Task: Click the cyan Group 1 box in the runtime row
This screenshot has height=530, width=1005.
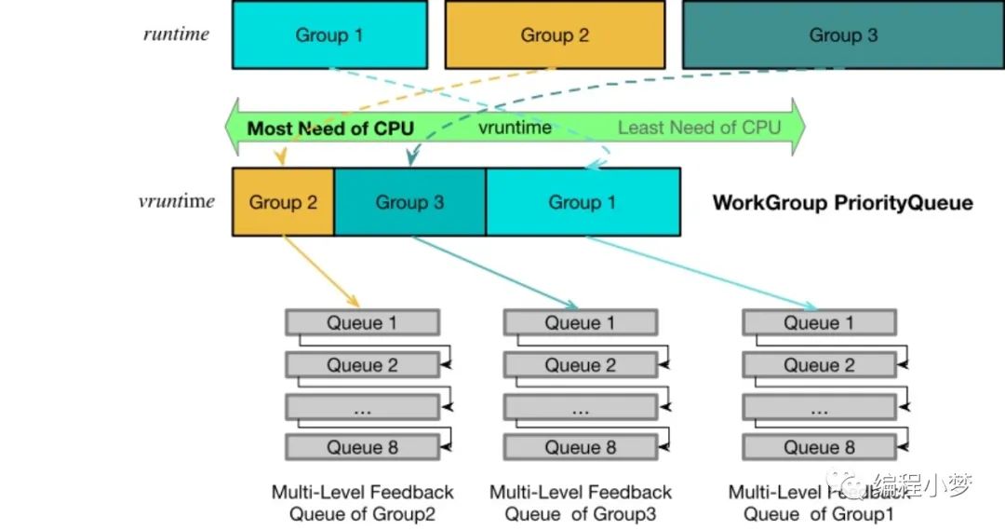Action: (x=329, y=34)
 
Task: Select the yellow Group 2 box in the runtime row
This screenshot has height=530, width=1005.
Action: (x=555, y=34)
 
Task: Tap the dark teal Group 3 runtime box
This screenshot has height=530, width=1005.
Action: (x=843, y=34)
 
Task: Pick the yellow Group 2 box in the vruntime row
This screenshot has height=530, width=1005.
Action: (x=283, y=202)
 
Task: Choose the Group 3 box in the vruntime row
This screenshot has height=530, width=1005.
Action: (x=409, y=202)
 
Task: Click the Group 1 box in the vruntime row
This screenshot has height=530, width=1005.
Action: (x=583, y=202)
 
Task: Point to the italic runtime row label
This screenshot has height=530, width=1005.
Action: (x=176, y=34)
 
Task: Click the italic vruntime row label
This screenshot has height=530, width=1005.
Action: (x=176, y=201)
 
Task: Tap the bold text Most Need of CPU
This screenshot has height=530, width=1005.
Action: (x=330, y=129)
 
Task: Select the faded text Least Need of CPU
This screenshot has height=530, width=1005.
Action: (x=699, y=128)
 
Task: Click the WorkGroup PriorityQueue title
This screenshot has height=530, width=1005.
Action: (x=843, y=203)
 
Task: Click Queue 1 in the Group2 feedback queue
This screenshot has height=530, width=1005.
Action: (x=363, y=322)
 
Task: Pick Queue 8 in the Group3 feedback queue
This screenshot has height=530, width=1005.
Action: (x=581, y=447)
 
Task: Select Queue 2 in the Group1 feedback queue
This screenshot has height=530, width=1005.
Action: (x=819, y=365)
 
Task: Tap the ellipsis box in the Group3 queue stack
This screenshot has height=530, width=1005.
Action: (x=581, y=407)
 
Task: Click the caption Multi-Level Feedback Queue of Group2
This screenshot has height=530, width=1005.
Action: (x=363, y=503)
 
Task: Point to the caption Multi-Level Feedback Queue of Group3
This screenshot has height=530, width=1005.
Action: (x=581, y=503)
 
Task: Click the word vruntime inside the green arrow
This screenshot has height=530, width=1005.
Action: (x=515, y=128)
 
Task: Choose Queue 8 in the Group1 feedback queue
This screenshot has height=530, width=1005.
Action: (x=819, y=447)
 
